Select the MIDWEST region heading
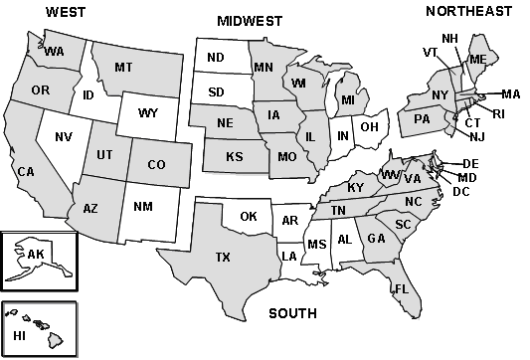point(250,21)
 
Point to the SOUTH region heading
point(292,313)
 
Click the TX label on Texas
point(223,258)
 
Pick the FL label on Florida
point(402,288)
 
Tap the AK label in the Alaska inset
point(36,255)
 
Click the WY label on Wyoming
point(148,114)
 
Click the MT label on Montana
point(123,68)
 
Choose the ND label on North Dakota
point(215,58)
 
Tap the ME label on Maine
point(478,59)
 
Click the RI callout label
point(498,113)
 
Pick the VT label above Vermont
point(430,52)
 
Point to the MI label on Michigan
point(347,101)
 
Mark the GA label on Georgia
point(376,239)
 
